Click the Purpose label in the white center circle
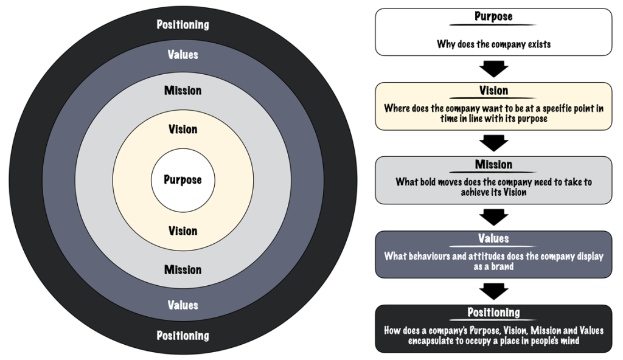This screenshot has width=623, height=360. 183,180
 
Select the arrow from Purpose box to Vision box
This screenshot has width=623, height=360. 493,68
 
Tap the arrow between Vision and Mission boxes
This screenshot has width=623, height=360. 493,143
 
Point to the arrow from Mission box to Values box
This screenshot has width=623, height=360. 493,217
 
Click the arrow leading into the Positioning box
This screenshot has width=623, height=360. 493,291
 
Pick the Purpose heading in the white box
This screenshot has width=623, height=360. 493,17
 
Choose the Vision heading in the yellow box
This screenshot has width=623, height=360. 493,91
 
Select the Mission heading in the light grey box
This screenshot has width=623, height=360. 493,165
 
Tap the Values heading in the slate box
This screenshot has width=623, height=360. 493,239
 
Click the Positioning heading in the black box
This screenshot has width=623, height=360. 493,313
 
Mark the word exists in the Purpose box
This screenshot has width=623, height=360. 537,44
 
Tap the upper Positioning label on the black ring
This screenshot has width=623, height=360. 183,25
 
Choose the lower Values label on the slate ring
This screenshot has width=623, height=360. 183,305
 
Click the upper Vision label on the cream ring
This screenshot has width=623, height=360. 183,130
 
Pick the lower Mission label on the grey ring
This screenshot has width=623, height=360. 183,269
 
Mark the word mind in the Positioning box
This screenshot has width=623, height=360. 568,341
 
